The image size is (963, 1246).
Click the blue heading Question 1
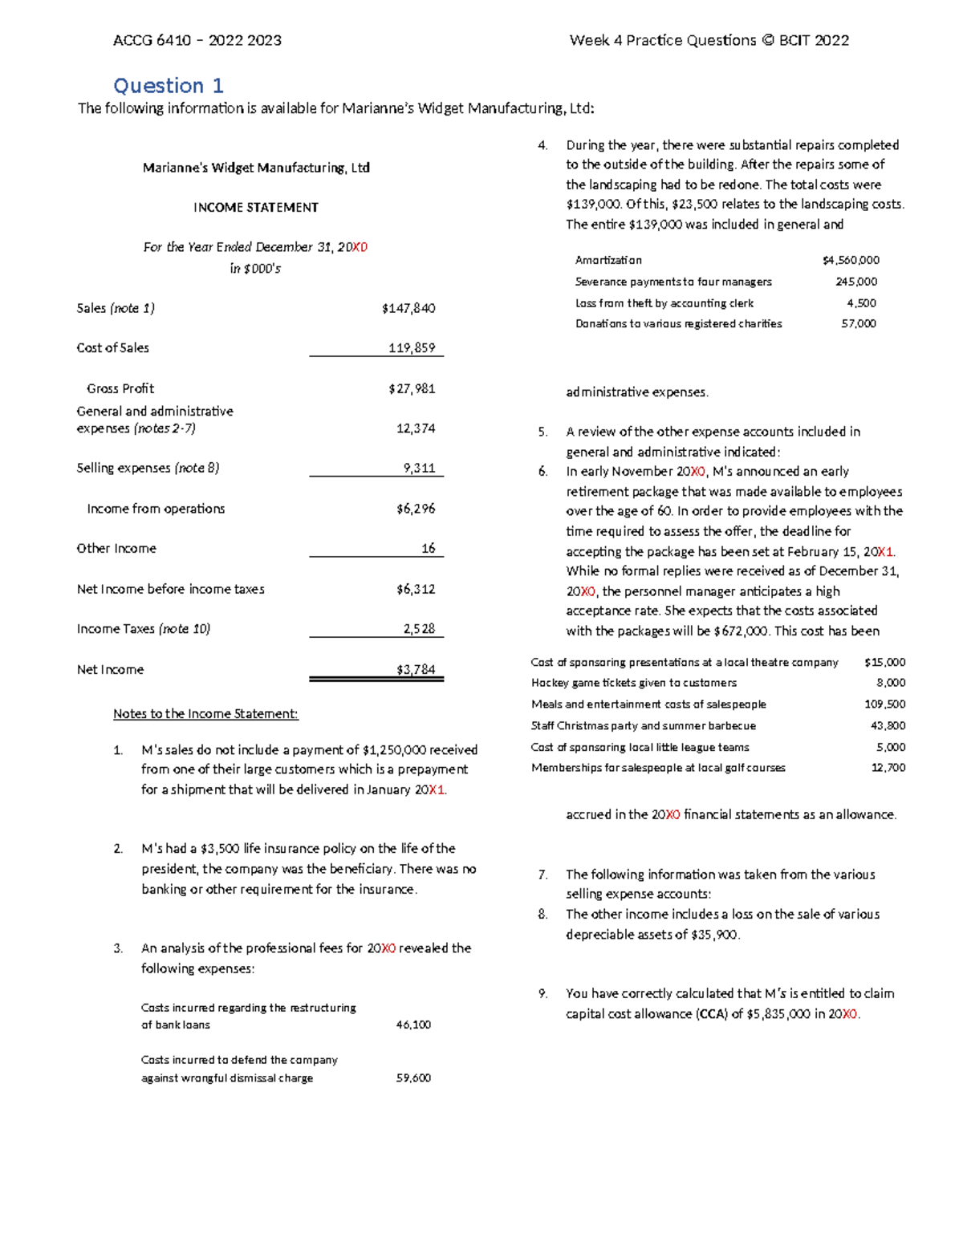click(169, 86)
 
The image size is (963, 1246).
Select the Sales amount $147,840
click(408, 308)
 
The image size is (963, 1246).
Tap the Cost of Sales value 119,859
click(412, 347)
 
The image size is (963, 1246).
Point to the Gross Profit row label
click(120, 388)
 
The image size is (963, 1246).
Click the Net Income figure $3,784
click(416, 669)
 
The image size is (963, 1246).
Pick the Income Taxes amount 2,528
click(419, 629)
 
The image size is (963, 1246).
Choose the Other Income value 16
click(429, 548)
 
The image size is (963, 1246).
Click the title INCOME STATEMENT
click(256, 207)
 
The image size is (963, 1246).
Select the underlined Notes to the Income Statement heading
click(205, 713)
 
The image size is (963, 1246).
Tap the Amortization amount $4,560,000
click(851, 260)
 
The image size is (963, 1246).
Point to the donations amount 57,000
click(859, 323)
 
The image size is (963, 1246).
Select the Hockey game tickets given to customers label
click(633, 683)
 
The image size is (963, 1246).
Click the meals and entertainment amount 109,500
click(885, 704)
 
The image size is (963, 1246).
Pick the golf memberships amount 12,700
click(888, 768)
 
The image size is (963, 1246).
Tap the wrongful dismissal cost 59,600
click(413, 1078)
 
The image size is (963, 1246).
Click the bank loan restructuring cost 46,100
click(413, 1025)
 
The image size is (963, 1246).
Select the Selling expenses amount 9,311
click(419, 468)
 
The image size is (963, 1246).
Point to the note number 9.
click(543, 993)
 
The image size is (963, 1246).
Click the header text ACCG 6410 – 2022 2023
click(197, 40)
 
